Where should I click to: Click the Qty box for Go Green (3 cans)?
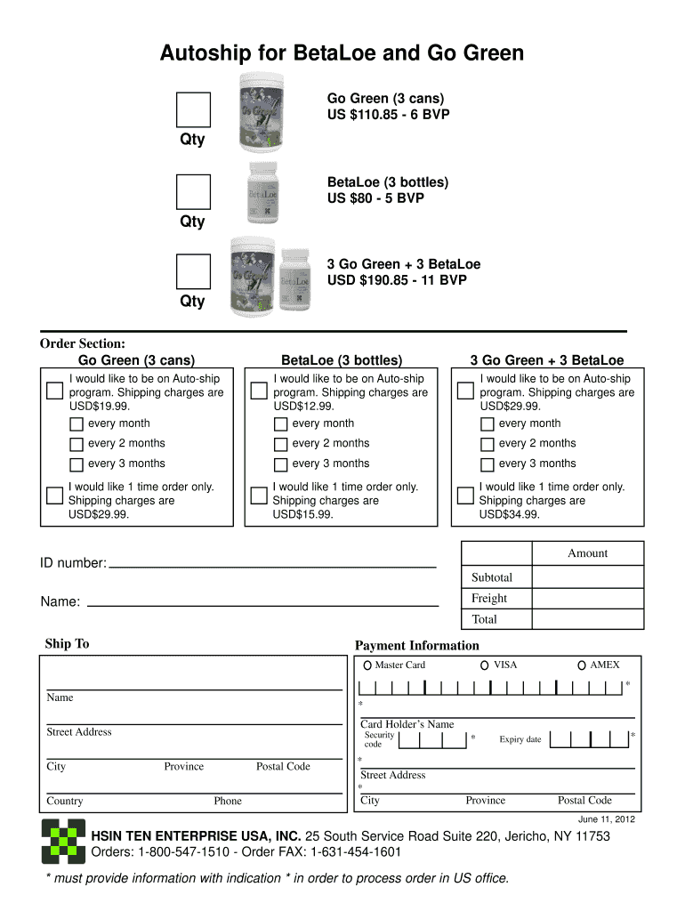pos(193,109)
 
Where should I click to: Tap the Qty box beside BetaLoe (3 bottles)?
pos(193,191)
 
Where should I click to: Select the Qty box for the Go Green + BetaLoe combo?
pos(193,271)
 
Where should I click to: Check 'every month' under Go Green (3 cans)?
pos(77,424)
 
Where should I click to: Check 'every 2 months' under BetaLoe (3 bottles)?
pos(280,444)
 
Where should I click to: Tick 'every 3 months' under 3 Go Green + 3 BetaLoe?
pos(487,464)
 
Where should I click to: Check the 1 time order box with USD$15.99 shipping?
pos(259,496)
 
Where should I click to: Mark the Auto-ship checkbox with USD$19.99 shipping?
pos(54,390)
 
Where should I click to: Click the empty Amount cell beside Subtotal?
pos(587,576)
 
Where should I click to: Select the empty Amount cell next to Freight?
pos(587,598)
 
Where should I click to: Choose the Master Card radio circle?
pos(367,665)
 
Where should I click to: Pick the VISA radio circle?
pos(484,665)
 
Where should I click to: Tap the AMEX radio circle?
pos(581,665)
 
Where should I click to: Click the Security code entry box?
pos(432,739)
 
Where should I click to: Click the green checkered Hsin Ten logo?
pos(64,842)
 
